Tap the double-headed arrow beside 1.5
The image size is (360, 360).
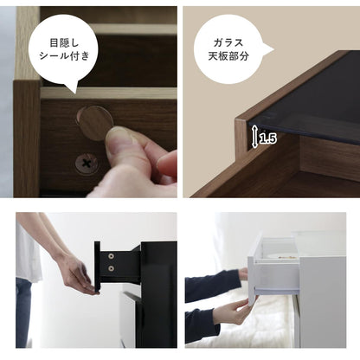point(254,136)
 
